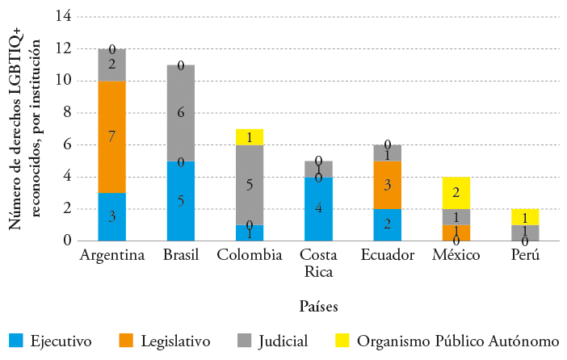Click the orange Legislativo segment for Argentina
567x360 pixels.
pos(111,136)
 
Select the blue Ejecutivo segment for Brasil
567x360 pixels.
pos(180,200)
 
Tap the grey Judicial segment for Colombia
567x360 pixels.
pos(250,185)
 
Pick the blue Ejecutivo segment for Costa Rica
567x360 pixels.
pos(319,208)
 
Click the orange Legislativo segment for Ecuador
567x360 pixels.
pos(387,185)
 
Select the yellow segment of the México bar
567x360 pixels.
pos(456,192)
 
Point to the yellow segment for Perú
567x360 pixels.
pos(526,216)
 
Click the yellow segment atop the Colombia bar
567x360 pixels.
pos(250,136)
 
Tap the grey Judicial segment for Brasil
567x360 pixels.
pos(180,112)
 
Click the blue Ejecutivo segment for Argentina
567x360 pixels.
pos(111,216)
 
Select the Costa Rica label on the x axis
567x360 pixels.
pos(319,263)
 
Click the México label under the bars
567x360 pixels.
pos(456,256)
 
